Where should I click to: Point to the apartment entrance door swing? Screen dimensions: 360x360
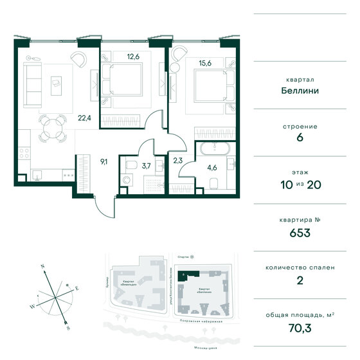102,207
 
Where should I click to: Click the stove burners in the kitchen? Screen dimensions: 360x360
24,154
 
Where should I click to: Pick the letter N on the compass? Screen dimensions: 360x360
42,265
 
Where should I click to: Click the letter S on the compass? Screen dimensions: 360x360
67,326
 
